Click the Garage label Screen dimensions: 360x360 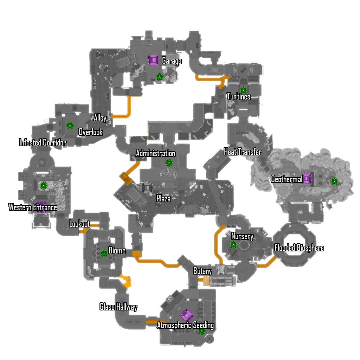[172, 61]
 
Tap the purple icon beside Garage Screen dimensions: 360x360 [153, 60]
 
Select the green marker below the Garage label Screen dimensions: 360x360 [159, 77]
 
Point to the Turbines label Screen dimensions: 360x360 [238, 97]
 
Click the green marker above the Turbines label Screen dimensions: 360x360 [243, 90]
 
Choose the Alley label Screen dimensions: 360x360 [100, 117]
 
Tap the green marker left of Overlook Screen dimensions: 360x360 [70, 125]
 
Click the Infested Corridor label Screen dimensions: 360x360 [43, 143]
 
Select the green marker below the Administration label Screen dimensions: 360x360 [169, 162]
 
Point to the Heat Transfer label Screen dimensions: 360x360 [243, 152]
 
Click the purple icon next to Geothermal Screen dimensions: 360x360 [307, 179]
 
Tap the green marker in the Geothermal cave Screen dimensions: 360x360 [334, 181]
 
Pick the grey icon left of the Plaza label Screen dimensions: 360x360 [147, 187]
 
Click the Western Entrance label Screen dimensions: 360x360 [33, 207]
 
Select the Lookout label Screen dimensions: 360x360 [79, 224]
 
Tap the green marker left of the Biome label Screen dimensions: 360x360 [104, 253]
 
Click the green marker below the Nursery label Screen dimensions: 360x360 [233, 244]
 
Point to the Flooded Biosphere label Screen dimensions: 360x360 [299, 248]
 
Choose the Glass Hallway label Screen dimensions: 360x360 [118, 307]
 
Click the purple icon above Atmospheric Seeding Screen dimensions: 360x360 [186, 315]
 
